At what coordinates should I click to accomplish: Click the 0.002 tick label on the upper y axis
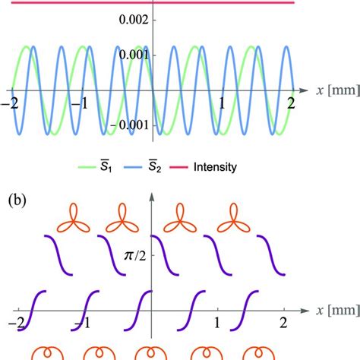(134, 20)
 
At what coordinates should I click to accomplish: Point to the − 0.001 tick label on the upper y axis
(129, 125)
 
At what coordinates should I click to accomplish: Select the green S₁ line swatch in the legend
(87, 167)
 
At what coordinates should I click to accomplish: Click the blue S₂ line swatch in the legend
(133, 167)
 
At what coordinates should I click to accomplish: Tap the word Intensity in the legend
(215, 167)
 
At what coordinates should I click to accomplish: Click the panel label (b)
(17, 201)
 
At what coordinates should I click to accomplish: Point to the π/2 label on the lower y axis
(135, 256)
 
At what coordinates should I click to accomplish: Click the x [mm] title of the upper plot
(338, 90)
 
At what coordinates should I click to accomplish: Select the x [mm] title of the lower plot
(338, 311)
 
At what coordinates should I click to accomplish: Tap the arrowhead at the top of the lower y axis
(152, 197)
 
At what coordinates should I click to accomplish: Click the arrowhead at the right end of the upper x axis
(303, 90)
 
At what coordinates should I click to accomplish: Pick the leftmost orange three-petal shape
(74, 218)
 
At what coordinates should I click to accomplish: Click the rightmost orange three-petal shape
(234, 218)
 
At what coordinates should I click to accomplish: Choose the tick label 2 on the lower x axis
(283, 323)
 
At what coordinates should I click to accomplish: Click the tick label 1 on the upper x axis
(222, 103)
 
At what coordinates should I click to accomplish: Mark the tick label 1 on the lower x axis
(217, 323)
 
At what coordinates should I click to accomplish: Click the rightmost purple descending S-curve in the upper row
(271, 255)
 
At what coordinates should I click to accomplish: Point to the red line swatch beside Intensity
(178, 167)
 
